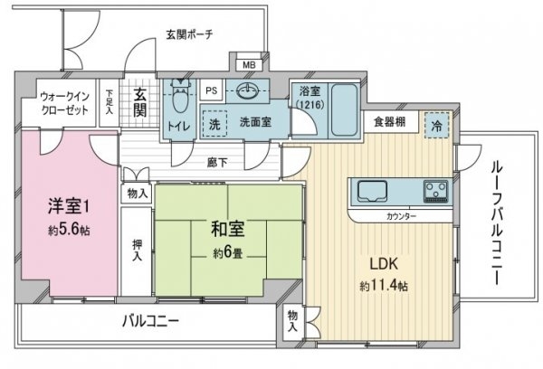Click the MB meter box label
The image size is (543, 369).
249,65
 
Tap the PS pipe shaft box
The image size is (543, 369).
211,90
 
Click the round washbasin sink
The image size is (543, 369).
248,91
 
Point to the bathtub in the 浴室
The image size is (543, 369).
344,109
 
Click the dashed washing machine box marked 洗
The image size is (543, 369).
214,124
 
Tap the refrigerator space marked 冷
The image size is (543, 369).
437,126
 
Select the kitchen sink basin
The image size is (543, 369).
372,191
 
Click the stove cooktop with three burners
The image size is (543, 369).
435,191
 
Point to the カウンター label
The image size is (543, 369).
401,217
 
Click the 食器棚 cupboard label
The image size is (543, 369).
389,121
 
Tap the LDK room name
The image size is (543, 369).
384,264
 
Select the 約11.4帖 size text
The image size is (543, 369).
384,286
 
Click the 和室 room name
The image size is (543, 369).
227,230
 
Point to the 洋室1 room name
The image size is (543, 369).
69,206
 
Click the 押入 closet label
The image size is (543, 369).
138,251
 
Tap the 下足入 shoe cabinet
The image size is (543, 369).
110,102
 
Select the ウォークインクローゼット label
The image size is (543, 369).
65,103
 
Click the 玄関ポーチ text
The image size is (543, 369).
189,34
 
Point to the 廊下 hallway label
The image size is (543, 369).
217,163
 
